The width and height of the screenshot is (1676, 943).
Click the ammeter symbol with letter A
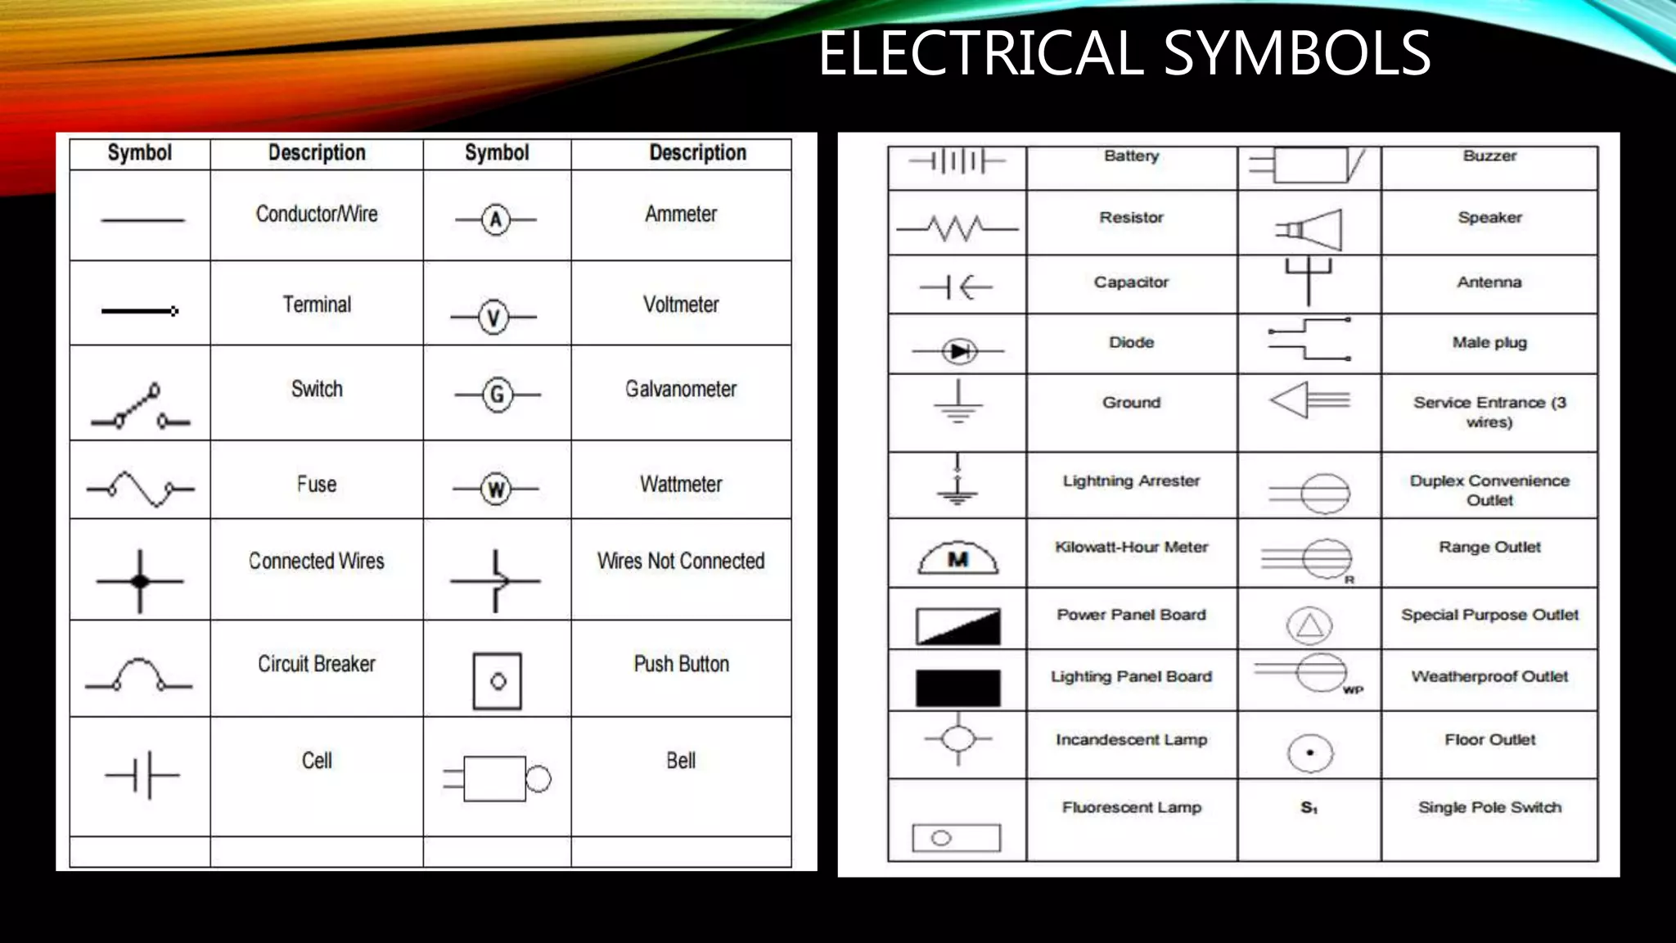coord(495,219)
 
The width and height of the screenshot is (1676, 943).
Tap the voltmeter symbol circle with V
coord(493,317)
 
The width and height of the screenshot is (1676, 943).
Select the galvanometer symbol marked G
coord(497,395)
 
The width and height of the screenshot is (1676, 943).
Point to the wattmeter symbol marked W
coord(496,489)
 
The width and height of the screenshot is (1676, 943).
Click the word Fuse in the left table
coord(317,484)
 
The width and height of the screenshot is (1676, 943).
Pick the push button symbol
coord(498,680)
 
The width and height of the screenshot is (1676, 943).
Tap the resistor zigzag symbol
coord(957,228)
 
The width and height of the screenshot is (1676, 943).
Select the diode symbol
coord(958,351)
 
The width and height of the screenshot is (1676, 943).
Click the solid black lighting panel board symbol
coord(957,688)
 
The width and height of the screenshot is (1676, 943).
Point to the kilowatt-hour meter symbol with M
coord(958,558)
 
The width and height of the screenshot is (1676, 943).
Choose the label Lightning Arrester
coord(1131,481)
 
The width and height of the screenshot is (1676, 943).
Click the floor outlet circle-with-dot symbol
coord(1310,753)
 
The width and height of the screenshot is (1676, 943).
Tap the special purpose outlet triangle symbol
coord(1309,626)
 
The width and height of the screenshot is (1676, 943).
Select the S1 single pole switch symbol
coord(1309,808)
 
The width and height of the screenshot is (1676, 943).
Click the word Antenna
coord(1489,282)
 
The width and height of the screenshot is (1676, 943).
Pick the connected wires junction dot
coord(140,581)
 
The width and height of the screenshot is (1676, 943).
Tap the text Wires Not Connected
coord(681,561)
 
